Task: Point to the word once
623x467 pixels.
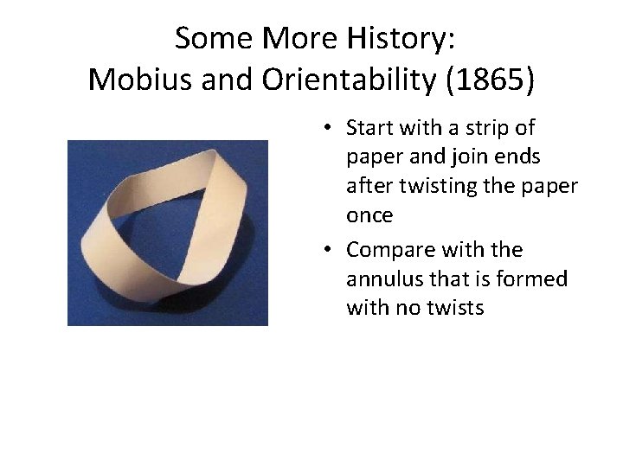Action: click(x=369, y=215)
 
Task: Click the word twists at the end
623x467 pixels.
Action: click(x=456, y=308)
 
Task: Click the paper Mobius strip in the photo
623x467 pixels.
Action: click(x=168, y=232)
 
